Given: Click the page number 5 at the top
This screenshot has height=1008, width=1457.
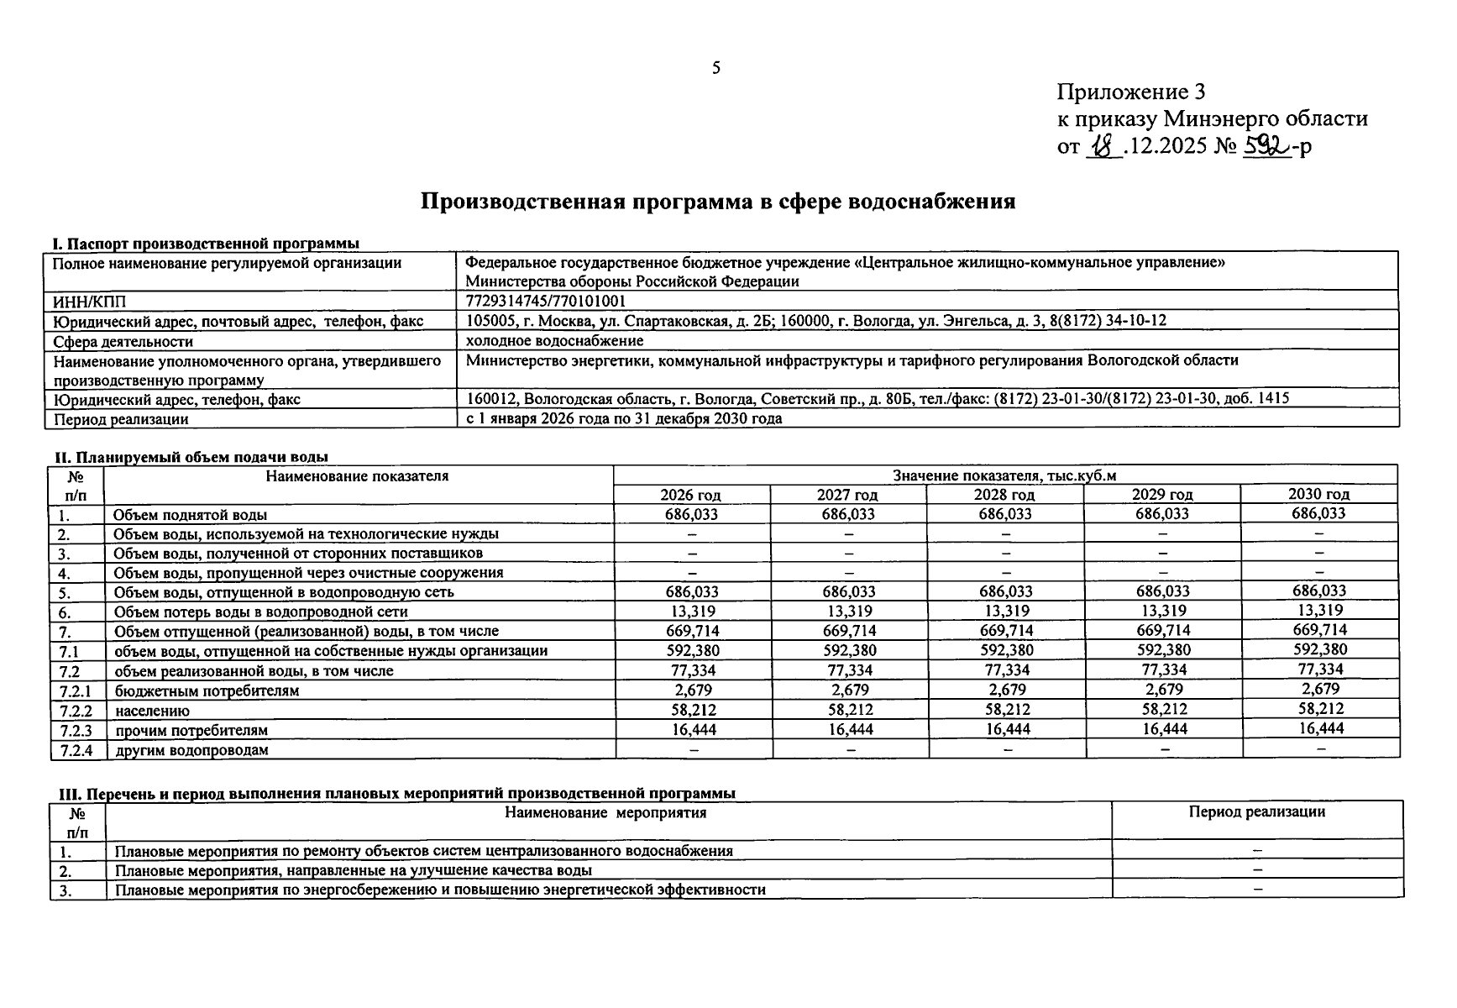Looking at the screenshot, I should (x=715, y=69).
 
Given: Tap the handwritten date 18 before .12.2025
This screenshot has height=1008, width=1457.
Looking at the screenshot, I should (x=1104, y=147).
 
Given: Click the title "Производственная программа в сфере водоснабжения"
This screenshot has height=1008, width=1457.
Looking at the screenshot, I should (x=717, y=202).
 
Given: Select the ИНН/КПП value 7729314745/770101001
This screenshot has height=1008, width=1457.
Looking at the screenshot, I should (x=545, y=301).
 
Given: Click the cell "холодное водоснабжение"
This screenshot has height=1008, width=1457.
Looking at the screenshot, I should (x=554, y=340).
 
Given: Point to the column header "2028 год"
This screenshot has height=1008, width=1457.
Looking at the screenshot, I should (x=1004, y=495).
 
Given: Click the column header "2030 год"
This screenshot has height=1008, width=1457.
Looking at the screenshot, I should (x=1318, y=494).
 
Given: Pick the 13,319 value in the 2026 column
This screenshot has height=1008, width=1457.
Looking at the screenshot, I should (x=691, y=612).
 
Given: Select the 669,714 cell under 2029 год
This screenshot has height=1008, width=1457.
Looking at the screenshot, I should (x=1162, y=631).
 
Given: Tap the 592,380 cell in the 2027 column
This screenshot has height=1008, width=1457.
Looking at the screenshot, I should (x=848, y=650).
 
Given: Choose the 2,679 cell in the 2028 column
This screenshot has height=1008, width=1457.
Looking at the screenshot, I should (x=1006, y=690).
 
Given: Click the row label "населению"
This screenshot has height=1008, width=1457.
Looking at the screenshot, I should (x=152, y=711).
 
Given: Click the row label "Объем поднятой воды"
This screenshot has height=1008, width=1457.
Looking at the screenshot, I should (x=190, y=515).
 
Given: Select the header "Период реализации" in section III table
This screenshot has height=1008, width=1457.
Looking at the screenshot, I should (x=1256, y=812).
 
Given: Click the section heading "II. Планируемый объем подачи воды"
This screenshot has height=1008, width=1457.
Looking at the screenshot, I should (x=191, y=457).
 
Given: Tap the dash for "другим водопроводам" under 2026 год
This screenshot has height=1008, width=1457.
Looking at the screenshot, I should (x=692, y=749).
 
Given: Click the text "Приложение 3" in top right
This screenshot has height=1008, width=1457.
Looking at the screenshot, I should (x=1131, y=92).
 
